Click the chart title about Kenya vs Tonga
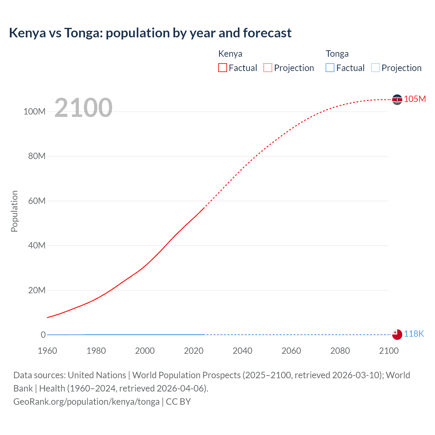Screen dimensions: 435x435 click(150, 33)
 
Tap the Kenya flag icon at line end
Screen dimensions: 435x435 click(397, 99)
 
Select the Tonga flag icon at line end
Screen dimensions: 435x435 click(397, 334)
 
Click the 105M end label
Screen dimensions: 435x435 click(415, 99)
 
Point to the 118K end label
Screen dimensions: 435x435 click(414, 334)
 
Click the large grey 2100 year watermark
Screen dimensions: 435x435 click(83, 107)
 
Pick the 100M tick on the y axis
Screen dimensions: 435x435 click(34, 111)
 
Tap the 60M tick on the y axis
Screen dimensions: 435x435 click(37, 201)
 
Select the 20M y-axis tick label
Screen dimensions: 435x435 click(37, 290)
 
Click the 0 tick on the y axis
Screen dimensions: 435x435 click(43, 335)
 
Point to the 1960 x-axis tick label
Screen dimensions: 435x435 click(47, 351)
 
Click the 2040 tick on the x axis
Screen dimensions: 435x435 click(242, 351)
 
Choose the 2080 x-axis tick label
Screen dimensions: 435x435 click(340, 351)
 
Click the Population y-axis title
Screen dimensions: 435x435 click(14, 211)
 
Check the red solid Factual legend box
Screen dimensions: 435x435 click(223, 68)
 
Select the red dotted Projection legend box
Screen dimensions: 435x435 click(268, 68)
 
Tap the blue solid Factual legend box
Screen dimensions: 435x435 click(330, 68)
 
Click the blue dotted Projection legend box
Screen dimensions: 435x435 click(375, 68)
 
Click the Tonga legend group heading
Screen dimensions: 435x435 click(337, 54)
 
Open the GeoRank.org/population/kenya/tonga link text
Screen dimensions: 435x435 click(86, 402)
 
